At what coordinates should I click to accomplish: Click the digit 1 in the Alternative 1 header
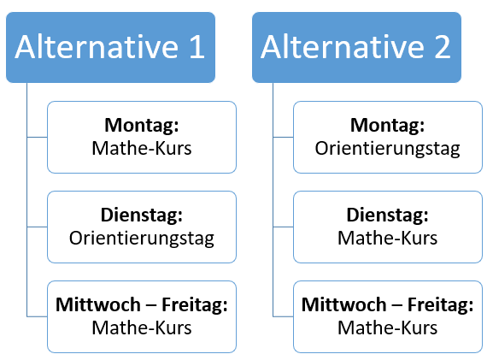(197, 47)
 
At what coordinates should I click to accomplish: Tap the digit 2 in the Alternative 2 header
(443, 47)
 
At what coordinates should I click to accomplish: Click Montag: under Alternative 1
(142, 126)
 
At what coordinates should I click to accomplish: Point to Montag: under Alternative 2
(387, 126)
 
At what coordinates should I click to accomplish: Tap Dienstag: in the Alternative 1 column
(142, 215)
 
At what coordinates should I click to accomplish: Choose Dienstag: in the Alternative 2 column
(387, 215)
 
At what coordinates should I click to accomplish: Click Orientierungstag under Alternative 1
(142, 239)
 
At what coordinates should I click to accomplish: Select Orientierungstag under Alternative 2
(387, 149)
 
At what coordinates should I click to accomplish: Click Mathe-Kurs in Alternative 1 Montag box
(142, 148)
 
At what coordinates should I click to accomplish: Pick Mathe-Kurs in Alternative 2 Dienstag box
(387, 238)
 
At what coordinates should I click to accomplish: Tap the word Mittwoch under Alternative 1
(98, 304)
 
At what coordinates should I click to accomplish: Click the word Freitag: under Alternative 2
(441, 305)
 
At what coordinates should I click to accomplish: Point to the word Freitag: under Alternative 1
(195, 305)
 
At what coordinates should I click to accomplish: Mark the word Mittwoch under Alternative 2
(344, 304)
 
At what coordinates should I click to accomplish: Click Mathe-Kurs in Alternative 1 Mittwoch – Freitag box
(142, 328)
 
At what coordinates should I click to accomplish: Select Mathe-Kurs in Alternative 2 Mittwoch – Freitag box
(387, 328)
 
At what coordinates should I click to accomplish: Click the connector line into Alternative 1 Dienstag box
(37, 227)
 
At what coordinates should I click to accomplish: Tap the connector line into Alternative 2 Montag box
(283, 137)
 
